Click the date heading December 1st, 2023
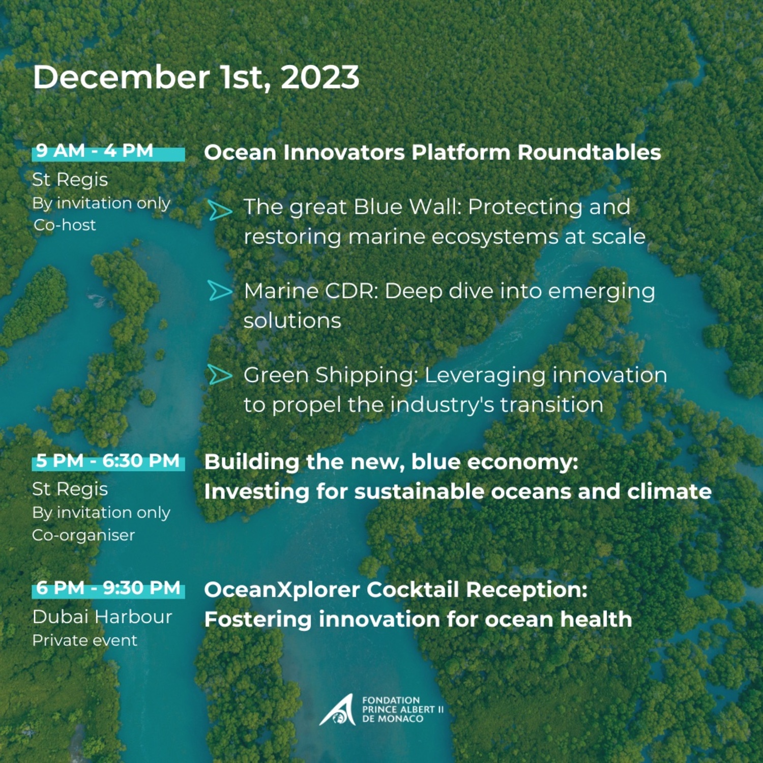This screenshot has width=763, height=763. [196, 78]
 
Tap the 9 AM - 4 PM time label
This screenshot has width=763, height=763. [95, 151]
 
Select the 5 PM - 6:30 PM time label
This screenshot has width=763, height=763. [108, 461]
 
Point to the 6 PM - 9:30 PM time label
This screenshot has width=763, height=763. [108, 588]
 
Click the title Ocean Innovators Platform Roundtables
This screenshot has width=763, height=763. [432, 153]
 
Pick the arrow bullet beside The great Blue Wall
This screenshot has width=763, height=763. [220, 210]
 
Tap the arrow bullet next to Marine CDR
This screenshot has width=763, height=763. [220, 291]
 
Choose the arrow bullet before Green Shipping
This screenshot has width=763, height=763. [220, 375]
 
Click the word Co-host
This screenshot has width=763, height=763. [65, 225]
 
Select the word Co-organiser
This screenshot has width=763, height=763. [83, 535]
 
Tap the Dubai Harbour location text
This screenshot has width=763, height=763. [102, 617]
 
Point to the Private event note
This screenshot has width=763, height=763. [84, 640]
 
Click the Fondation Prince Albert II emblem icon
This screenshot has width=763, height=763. [337, 710]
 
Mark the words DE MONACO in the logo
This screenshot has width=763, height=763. [393, 719]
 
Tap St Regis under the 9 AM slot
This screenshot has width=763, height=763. [70, 180]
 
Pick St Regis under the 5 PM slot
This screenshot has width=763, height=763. [70, 489]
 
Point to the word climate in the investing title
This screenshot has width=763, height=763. [669, 491]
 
